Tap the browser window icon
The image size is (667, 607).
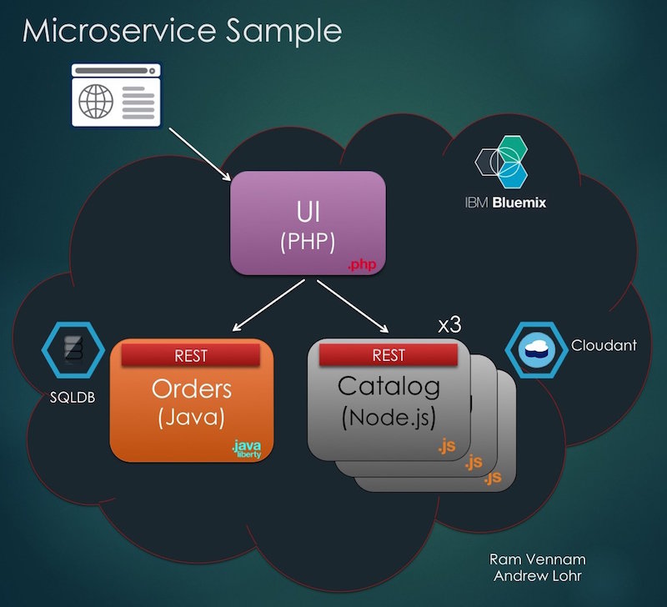point(114,97)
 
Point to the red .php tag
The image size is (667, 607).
point(364,264)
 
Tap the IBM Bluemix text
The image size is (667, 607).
point(505,202)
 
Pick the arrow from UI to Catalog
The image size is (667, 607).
point(353,309)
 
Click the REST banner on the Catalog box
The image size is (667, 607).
point(389,354)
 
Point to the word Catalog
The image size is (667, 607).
point(388,386)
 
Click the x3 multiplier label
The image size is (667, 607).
point(450,324)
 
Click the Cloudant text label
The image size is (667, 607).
point(604,344)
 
